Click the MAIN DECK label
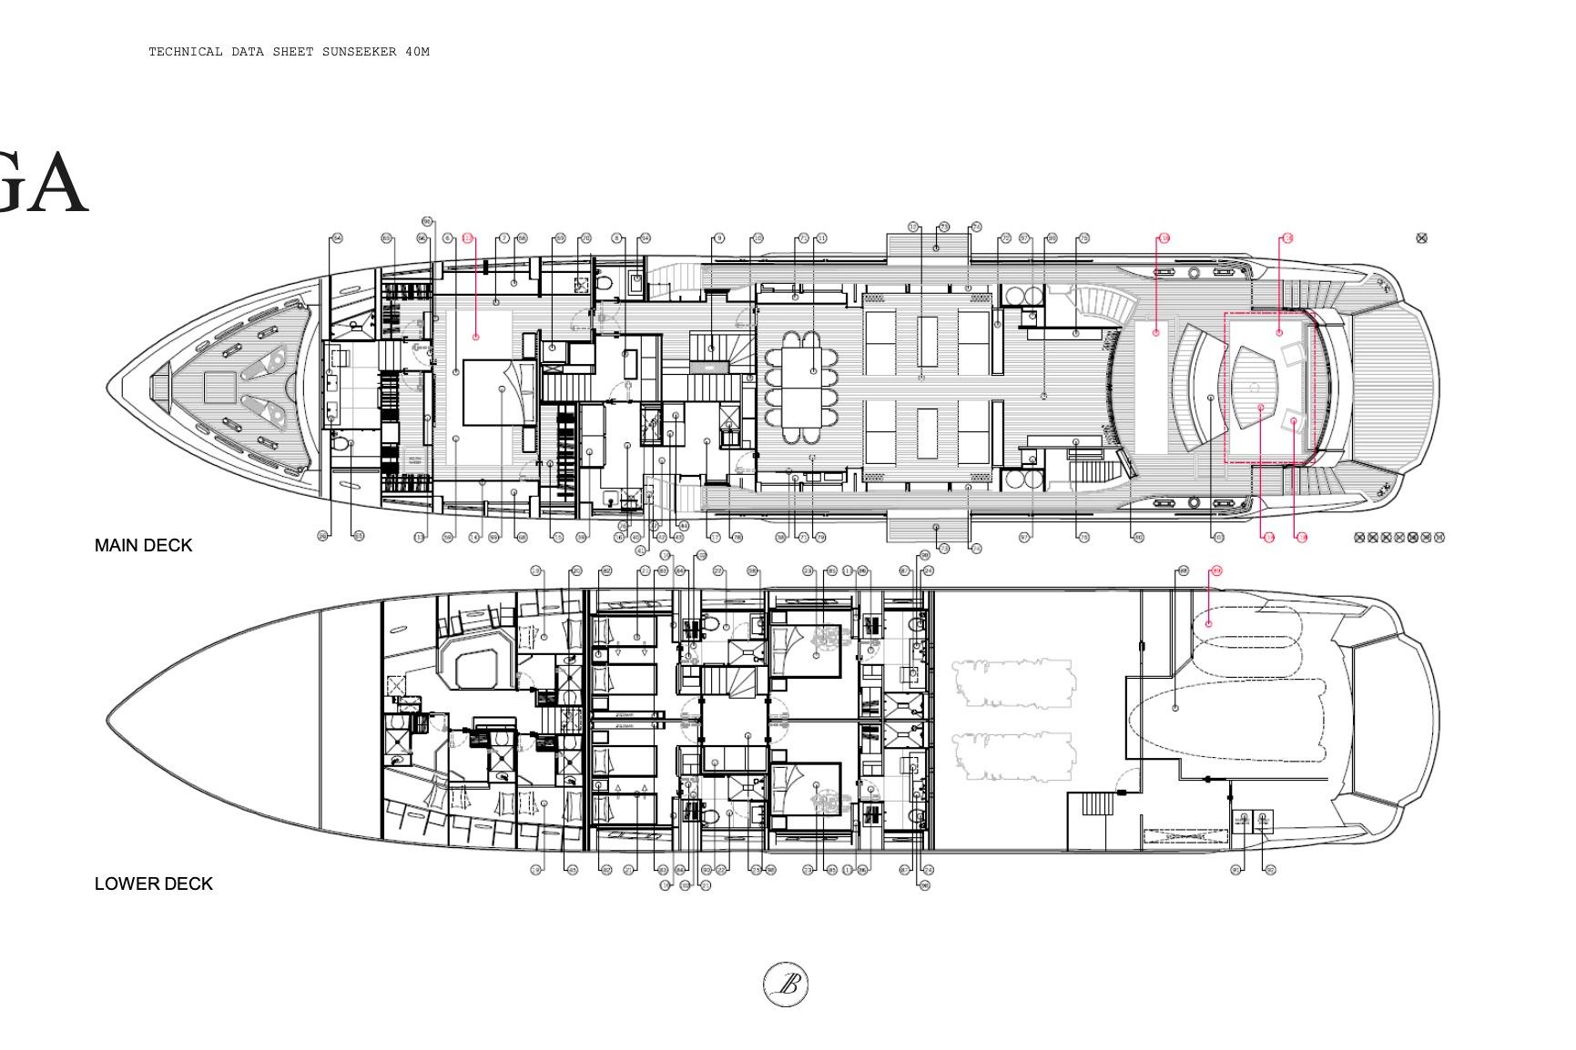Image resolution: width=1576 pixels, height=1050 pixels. (143, 545)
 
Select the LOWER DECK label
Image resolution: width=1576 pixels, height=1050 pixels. (153, 883)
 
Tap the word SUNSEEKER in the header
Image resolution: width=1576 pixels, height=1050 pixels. (359, 52)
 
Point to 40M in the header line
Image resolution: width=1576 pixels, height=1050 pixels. (417, 52)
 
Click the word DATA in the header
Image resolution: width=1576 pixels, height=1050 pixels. (248, 52)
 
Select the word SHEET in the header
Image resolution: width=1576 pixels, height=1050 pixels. (293, 52)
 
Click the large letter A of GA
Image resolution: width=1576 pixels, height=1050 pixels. (55, 184)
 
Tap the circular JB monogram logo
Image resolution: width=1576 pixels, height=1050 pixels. (785, 984)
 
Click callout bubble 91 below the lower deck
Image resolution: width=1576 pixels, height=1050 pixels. (1235, 870)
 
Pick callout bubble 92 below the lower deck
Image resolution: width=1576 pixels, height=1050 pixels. (1270, 870)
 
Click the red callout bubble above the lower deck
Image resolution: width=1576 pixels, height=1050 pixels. (1215, 571)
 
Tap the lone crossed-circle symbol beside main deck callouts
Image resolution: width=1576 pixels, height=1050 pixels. (1421, 238)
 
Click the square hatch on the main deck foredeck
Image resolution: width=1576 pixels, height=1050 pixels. (218, 389)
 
